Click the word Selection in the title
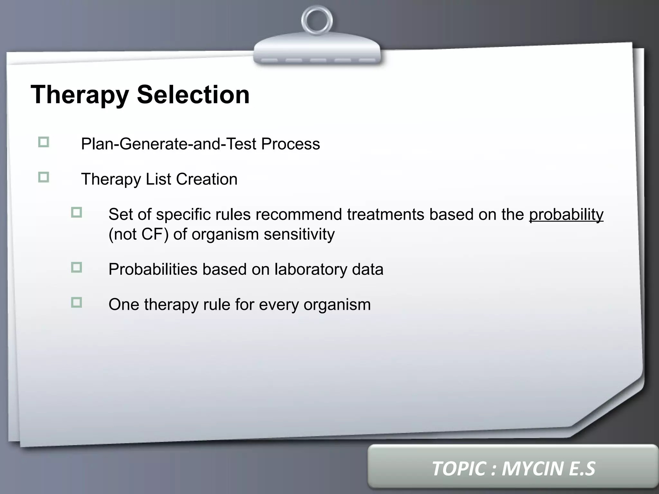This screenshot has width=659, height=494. [193, 95]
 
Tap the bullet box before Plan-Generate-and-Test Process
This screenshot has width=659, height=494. [43, 142]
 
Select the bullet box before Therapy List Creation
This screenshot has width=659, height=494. [43, 177]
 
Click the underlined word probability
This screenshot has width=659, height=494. [566, 215]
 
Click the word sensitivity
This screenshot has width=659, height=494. [299, 234]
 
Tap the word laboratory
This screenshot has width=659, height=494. [310, 269]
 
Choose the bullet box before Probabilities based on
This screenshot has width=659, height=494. [77, 267]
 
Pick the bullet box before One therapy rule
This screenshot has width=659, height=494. [77, 303]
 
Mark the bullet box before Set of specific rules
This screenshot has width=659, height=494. [77, 213]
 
